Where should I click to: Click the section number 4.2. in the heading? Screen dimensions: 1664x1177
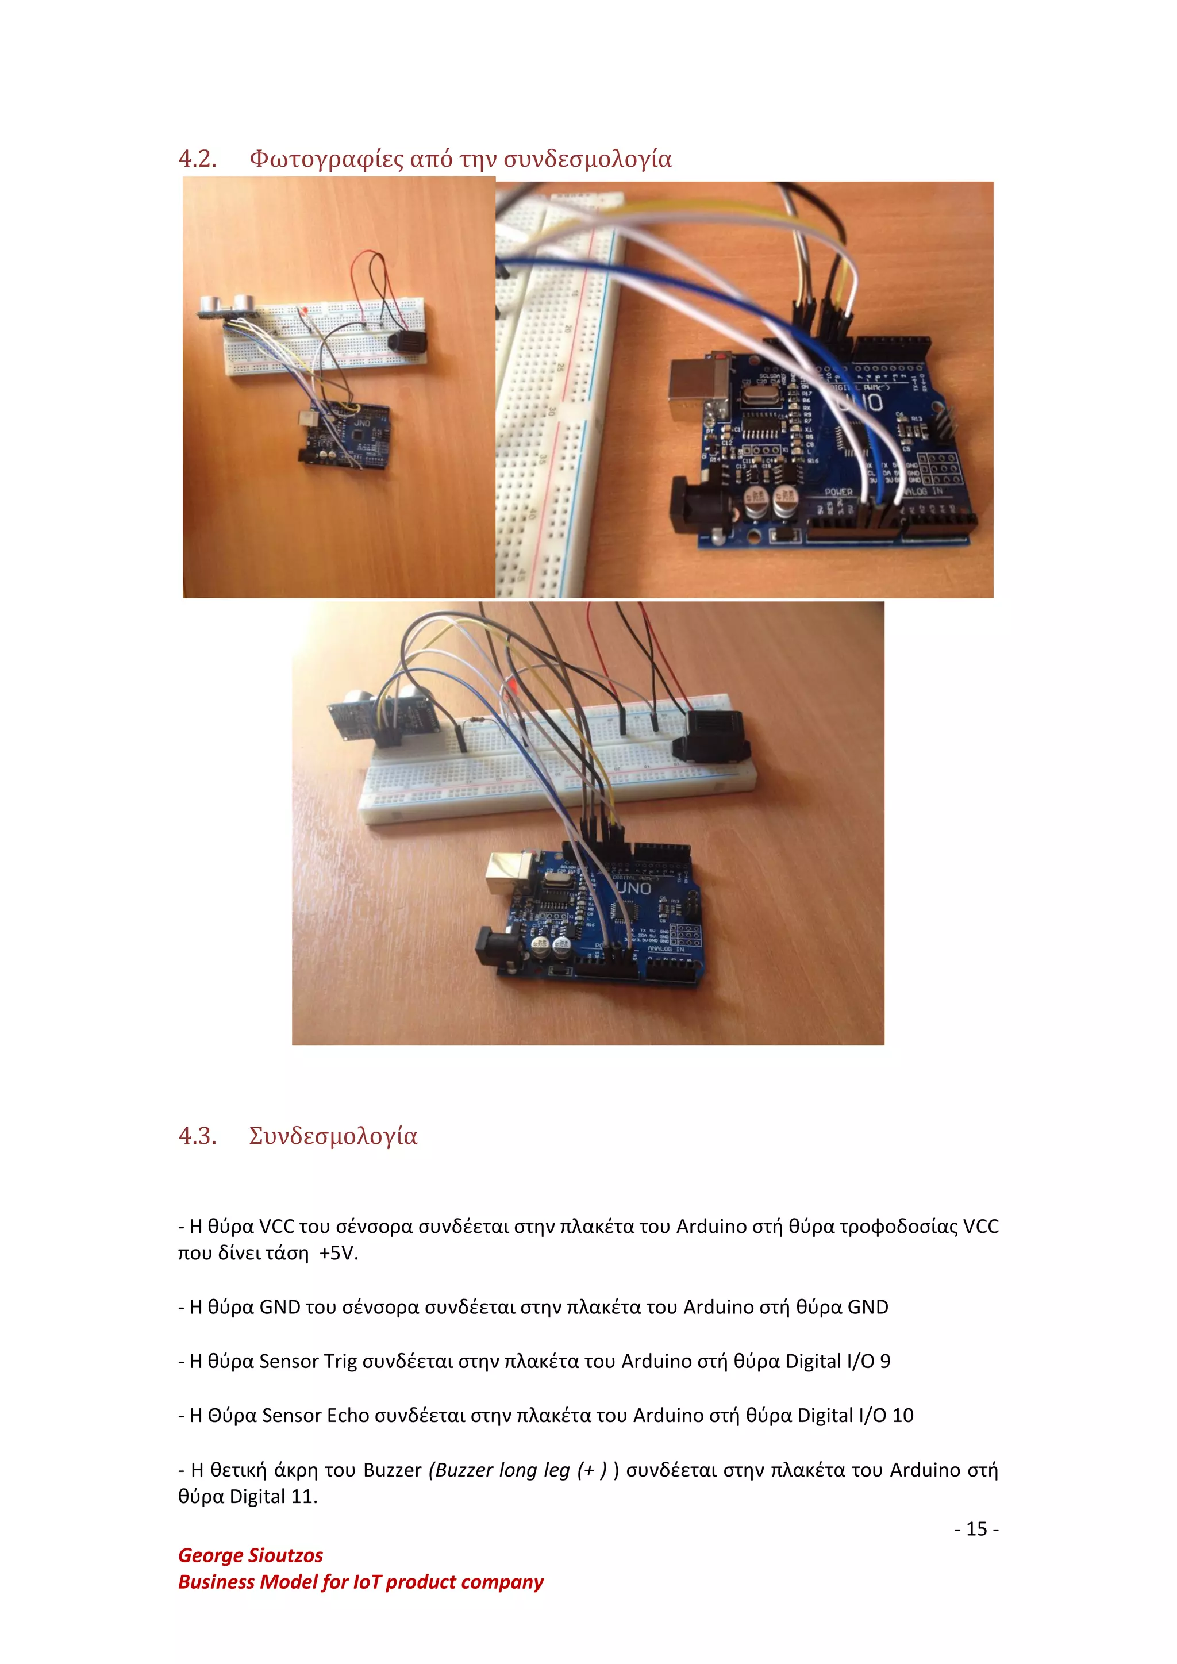tap(197, 159)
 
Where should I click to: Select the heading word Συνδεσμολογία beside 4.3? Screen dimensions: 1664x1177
tap(333, 1136)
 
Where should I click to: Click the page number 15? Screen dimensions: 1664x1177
tap(976, 1528)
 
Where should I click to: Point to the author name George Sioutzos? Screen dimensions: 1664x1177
tap(250, 1555)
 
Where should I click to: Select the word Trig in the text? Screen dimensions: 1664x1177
tap(340, 1361)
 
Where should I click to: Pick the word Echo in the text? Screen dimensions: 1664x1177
tap(348, 1416)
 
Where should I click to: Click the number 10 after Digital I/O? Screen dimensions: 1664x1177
tap(902, 1416)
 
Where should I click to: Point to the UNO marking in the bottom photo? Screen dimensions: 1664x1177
tap(633, 889)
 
